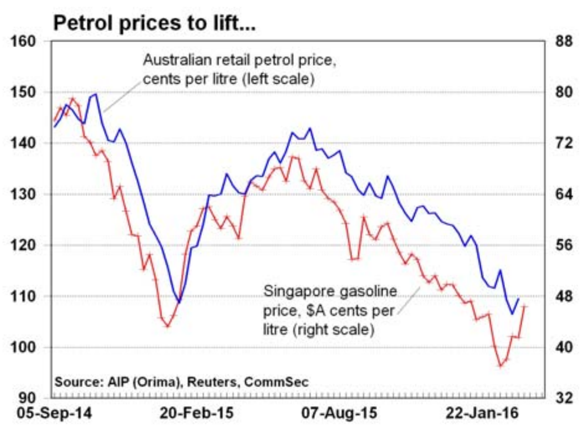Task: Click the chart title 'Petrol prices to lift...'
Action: tap(154, 24)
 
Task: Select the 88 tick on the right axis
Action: tap(560, 42)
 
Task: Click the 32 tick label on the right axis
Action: tap(560, 398)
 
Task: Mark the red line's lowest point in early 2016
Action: tap(501, 366)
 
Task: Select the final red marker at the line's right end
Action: tap(524, 306)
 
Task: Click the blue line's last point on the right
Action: tap(519, 299)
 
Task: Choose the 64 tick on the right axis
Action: tap(560, 194)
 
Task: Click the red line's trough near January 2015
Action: tap(167, 325)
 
